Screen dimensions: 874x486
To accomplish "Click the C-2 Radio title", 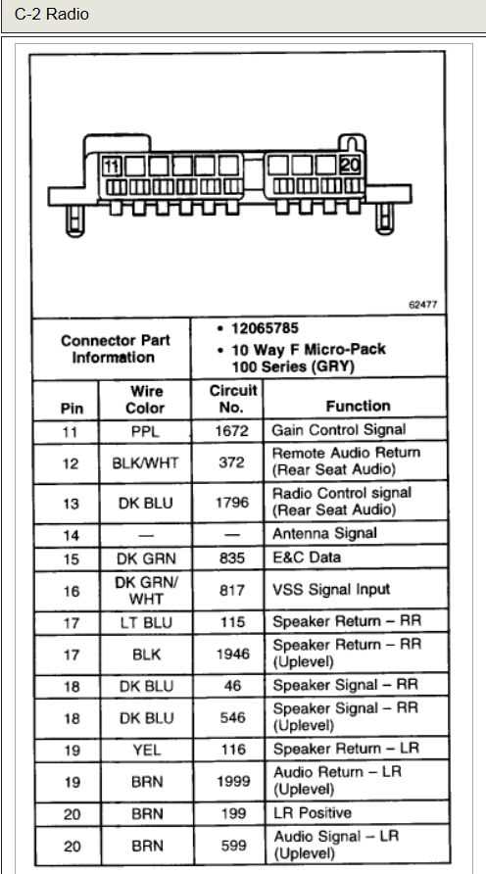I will click(51, 15).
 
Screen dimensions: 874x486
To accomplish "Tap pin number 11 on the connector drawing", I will click(114, 166).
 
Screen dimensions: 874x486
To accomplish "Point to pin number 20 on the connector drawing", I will click(350, 166).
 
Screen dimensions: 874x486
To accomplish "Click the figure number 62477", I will click(422, 306).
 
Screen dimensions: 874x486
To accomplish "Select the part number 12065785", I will click(265, 328).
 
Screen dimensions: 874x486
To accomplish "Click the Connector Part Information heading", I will click(115, 349).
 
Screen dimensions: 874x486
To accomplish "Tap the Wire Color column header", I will click(145, 400).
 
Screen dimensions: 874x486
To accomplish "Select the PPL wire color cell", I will click(145, 430).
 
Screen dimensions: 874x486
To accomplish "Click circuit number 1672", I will click(232, 430).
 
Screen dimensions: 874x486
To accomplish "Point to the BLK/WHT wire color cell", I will click(145, 462).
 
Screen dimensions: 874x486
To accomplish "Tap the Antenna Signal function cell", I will click(324, 534).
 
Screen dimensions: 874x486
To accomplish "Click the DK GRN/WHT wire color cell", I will click(145, 589).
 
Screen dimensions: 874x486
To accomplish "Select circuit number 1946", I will click(232, 653).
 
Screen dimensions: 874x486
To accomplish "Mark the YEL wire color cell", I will click(145, 750).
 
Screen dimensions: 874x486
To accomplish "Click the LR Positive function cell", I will click(312, 813).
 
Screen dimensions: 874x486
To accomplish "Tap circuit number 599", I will click(232, 846).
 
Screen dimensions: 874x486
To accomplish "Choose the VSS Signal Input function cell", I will click(331, 589).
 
